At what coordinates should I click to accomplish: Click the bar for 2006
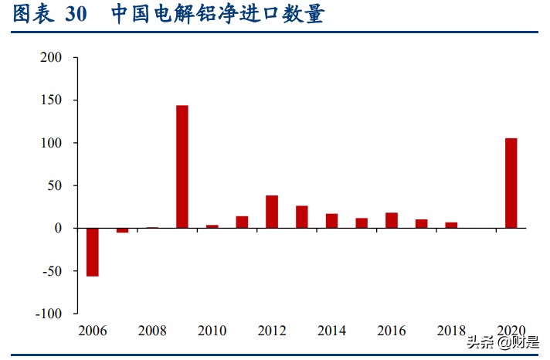point(93,252)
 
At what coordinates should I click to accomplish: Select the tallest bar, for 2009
point(182,167)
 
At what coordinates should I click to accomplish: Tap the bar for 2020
point(511,183)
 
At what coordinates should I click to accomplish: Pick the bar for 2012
point(272,212)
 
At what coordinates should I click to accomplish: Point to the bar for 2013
point(302,217)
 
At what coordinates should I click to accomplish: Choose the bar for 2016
point(392,220)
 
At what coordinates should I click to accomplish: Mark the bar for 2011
point(242,222)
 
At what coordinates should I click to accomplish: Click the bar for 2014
point(331,221)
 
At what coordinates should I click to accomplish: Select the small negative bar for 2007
point(123,230)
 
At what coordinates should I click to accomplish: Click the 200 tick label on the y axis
point(53,58)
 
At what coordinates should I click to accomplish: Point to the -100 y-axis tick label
point(49,314)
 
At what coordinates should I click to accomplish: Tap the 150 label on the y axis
point(53,100)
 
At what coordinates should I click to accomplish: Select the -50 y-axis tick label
point(53,271)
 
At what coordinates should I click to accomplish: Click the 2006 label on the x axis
point(93,331)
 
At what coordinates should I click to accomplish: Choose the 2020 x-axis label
point(511,331)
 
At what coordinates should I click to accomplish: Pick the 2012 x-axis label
point(272,331)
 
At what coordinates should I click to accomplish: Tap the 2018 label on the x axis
point(451,331)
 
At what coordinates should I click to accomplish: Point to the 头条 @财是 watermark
point(503,342)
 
